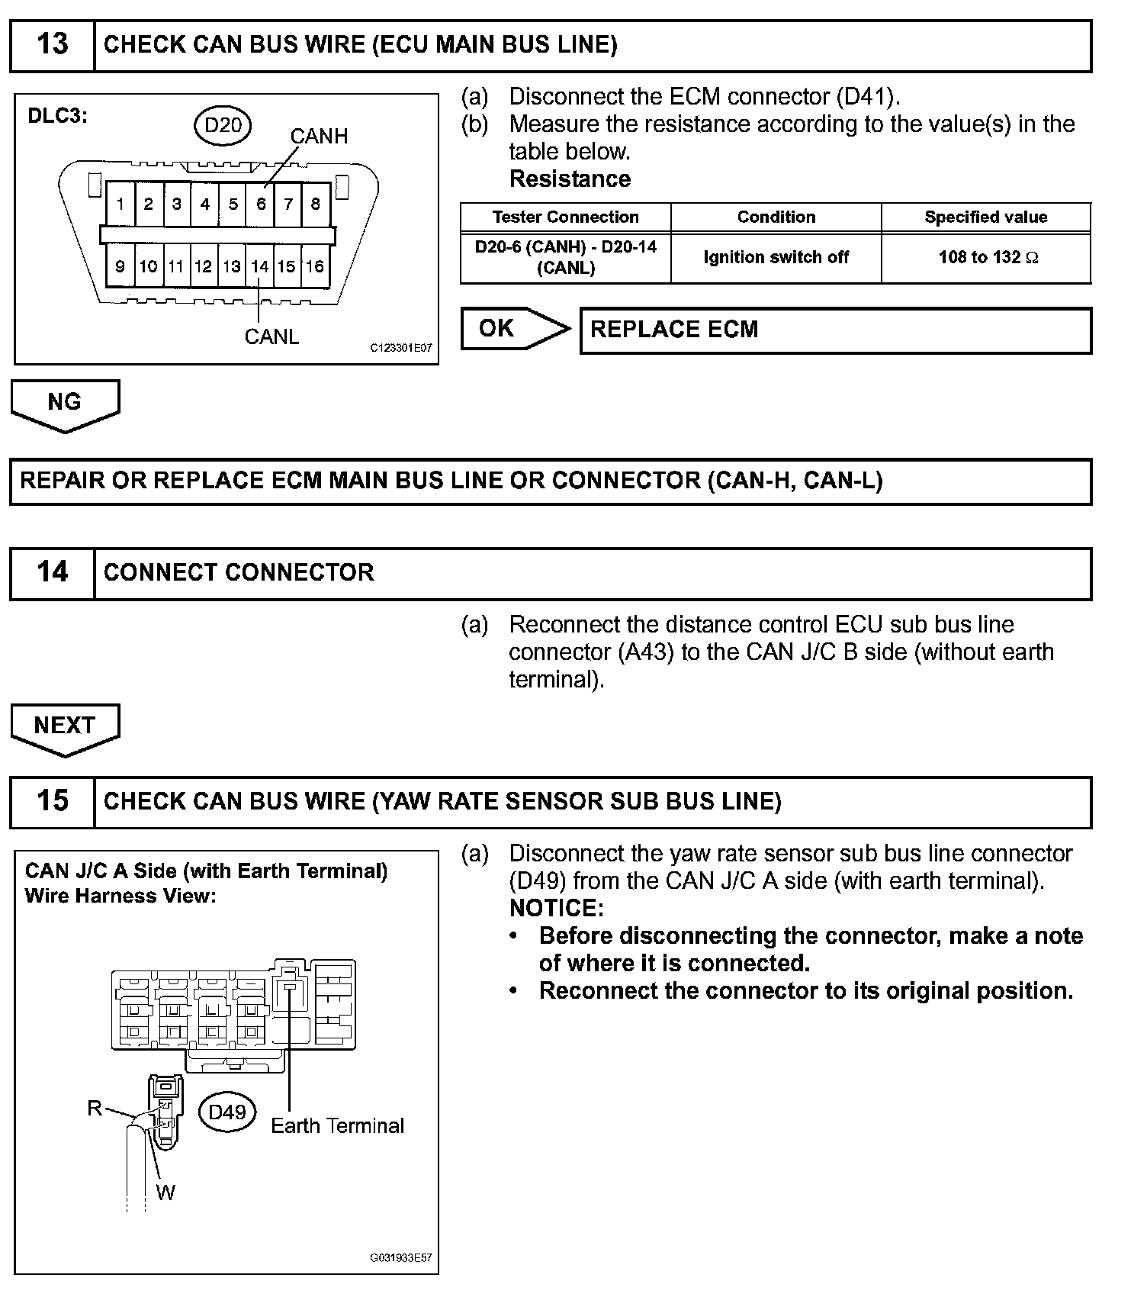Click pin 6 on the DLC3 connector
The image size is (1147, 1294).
point(261,204)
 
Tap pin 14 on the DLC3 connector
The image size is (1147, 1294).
point(260,266)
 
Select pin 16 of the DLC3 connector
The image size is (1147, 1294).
point(315,266)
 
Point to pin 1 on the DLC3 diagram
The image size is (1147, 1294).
point(120,204)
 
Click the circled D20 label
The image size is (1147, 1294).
point(223,124)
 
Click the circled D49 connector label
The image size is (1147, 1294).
point(227,1112)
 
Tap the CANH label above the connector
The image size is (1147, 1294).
point(319,137)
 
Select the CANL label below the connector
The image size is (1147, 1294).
point(271,336)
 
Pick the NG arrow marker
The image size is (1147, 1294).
point(65,403)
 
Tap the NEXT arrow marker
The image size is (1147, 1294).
point(65,726)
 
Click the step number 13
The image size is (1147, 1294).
point(52,45)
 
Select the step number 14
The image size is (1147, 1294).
point(52,573)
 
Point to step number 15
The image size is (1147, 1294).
point(52,801)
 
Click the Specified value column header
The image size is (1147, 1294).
point(985,217)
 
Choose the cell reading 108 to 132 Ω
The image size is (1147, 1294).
point(987,258)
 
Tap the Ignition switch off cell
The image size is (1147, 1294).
point(776,258)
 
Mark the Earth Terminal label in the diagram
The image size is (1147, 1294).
point(337,1126)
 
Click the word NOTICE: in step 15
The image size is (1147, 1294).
point(556,908)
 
